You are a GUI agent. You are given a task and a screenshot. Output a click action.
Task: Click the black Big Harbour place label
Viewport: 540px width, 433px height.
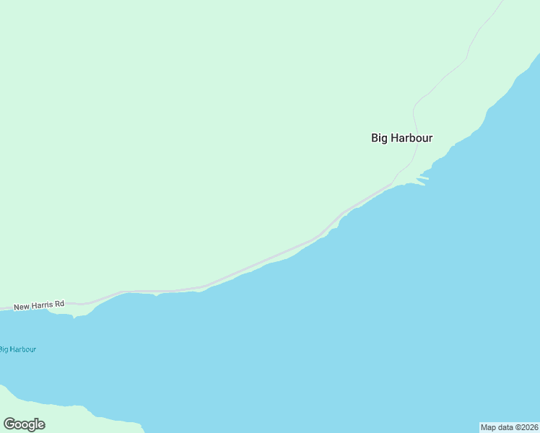click(401, 138)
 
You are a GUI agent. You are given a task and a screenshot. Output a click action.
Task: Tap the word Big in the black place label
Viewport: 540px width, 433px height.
click(379, 138)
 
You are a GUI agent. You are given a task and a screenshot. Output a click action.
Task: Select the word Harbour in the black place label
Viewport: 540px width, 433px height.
click(411, 138)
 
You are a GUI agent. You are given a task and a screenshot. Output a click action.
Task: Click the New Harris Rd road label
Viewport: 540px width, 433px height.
click(39, 305)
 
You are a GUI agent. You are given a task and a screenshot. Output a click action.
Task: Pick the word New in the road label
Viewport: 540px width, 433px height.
click(21, 306)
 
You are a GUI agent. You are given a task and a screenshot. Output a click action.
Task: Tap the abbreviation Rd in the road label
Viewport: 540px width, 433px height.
click(59, 304)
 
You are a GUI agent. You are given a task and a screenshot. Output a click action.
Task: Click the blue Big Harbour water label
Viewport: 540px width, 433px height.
click(17, 349)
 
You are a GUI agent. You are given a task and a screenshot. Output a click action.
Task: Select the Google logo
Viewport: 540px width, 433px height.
click(24, 424)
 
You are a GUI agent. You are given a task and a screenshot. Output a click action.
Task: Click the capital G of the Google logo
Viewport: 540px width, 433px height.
click(9, 424)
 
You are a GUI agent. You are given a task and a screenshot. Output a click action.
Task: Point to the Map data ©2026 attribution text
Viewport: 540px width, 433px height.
click(509, 427)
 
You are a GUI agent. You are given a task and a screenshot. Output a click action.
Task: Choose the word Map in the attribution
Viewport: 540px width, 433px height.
click(489, 427)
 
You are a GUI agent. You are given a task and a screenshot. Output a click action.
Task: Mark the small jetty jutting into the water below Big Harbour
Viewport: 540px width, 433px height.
click(423, 178)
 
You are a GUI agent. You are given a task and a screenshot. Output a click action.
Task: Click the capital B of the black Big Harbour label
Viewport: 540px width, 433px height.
click(375, 138)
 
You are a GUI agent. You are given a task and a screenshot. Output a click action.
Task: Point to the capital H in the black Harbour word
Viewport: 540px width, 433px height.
click(395, 138)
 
